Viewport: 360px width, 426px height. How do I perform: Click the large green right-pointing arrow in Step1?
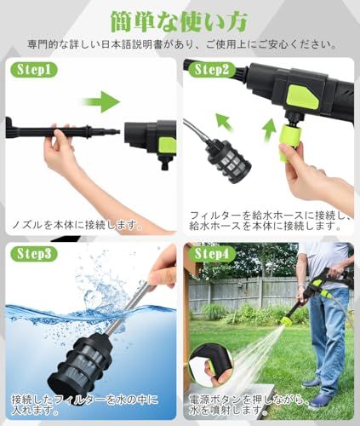pos(103,103)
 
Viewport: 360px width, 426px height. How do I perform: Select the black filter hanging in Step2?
pos(225,162)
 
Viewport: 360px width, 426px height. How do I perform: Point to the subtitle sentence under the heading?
pos(180,43)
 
